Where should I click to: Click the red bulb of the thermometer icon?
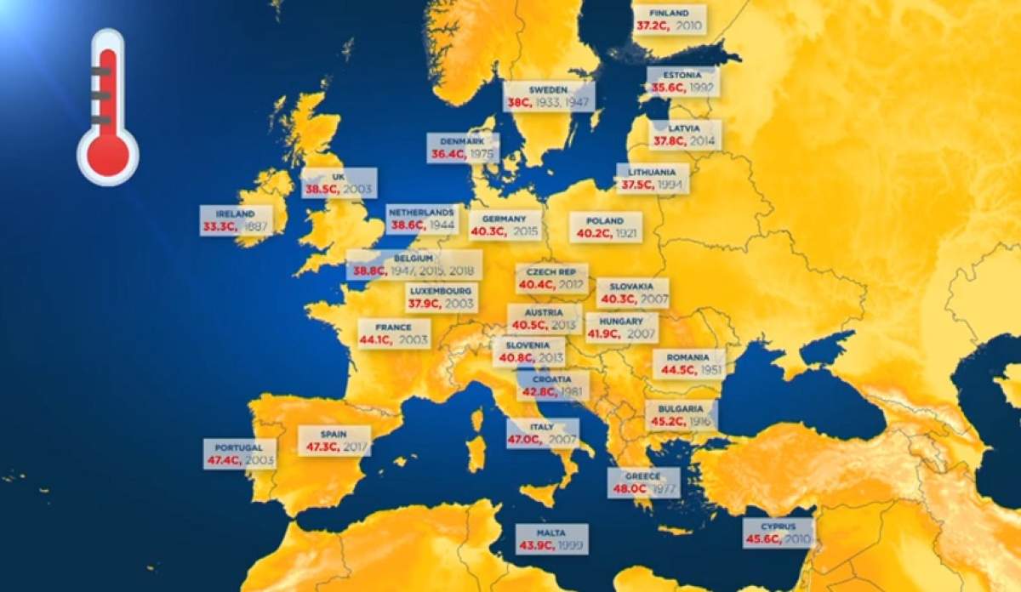pyautogui.click(x=108, y=155)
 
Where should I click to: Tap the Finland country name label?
pyautogui.click(x=670, y=14)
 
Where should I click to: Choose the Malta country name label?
pyautogui.click(x=550, y=533)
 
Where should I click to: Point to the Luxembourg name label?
pyautogui.click(x=440, y=290)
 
